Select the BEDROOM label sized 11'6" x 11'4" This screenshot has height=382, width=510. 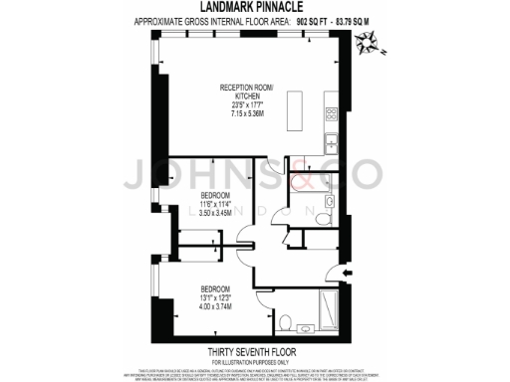point(215,195)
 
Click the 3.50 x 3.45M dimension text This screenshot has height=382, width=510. point(215,213)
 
